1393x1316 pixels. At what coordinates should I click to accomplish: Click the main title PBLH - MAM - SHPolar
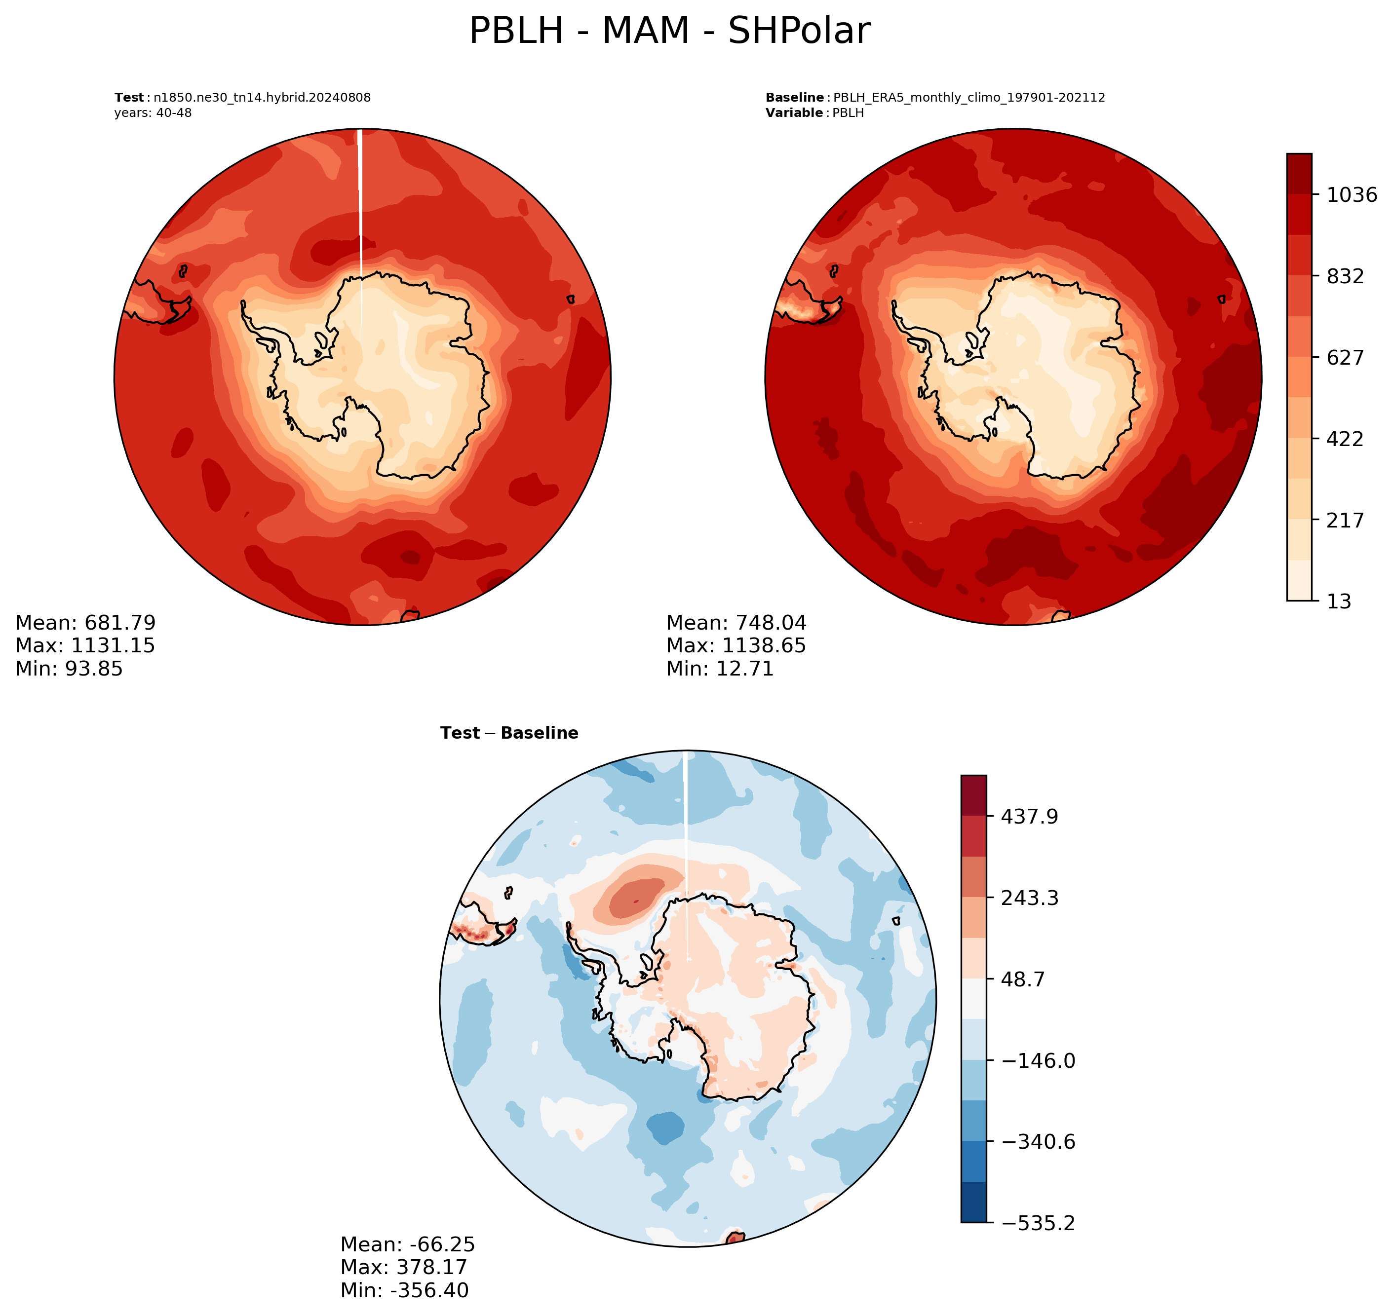(669, 31)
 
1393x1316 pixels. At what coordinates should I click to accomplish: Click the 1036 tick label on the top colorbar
(1352, 195)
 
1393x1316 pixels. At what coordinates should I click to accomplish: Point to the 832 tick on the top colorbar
(1345, 276)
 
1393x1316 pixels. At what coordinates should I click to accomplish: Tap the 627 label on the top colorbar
(1345, 358)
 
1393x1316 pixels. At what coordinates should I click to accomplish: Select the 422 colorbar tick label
(1345, 439)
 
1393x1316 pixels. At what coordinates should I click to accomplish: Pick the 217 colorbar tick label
(1345, 521)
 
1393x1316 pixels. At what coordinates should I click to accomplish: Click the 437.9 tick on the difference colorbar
(1030, 817)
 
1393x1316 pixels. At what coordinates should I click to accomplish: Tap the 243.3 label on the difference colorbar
(1030, 898)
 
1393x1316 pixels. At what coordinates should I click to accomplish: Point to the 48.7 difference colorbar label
(1023, 979)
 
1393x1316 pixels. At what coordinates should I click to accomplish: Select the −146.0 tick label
(1038, 1061)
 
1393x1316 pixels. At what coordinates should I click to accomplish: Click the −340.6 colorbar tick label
(1038, 1142)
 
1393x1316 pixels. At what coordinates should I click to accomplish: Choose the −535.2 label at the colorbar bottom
(1038, 1223)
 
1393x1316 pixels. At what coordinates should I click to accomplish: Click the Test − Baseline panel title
(509, 733)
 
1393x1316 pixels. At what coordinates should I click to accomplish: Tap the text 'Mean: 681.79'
(85, 623)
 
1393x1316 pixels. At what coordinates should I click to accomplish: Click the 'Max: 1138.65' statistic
(736, 645)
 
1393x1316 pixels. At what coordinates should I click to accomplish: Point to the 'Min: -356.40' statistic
(405, 1290)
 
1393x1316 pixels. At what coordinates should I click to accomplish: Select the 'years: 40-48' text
(153, 113)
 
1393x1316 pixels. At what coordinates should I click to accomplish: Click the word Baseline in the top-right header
(794, 98)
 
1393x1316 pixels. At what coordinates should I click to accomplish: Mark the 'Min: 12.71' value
(720, 669)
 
